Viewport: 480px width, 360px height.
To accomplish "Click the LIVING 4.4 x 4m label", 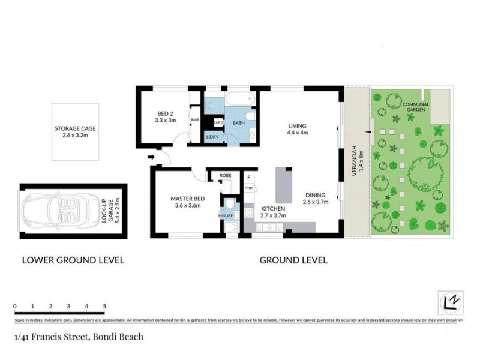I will pos(298,129).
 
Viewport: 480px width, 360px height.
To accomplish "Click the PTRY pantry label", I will pos(248,189).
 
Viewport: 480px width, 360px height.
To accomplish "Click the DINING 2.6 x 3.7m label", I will pos(315,199).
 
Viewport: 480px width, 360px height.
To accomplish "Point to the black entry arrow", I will pos(152,158).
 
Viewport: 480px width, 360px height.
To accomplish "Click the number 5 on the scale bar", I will pos(104,306).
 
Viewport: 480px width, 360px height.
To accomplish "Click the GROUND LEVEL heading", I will pos(293,260).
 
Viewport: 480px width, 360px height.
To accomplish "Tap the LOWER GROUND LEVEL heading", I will pos(73,260).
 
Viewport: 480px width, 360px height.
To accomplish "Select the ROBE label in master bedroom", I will pos(225,175).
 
